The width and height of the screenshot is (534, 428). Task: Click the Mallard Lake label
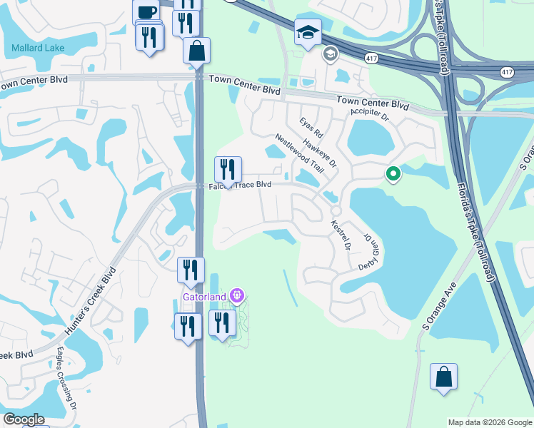(38, 49)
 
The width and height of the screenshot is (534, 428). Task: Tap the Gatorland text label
(203, 296)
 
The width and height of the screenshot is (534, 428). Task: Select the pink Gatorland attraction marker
(238, 296)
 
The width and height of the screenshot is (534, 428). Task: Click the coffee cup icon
(147, 13)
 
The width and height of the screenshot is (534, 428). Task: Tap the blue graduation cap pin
(308, 32)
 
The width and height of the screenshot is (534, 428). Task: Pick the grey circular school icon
(330, 53)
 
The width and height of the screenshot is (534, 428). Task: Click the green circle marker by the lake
(392, 173)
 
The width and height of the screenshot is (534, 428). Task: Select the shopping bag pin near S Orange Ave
(443, 376)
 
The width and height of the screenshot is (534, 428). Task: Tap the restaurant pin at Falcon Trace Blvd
(228, 170)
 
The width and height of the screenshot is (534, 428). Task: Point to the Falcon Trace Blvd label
(241, 185)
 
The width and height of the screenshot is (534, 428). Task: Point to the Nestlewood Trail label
(299, 154)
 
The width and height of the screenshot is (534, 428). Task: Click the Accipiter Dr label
(369, 113)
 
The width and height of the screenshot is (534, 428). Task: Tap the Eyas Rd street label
(311, 127)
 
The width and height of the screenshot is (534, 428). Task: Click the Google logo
(23, 419)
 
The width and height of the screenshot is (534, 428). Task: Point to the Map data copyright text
(490, 422)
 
